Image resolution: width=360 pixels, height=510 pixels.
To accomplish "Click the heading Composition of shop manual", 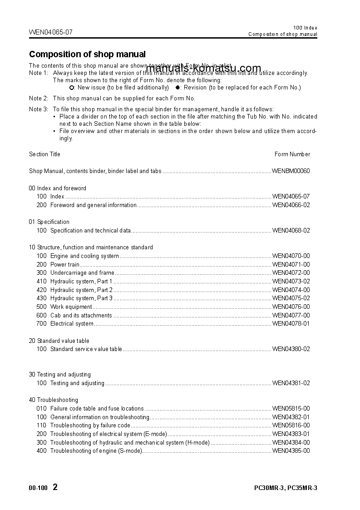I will click(87, 54).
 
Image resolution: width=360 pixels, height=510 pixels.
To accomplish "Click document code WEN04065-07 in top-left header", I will click(50, 32).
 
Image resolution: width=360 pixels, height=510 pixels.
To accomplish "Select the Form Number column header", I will click(292, 154).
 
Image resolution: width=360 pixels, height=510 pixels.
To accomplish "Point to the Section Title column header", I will click(44, 154).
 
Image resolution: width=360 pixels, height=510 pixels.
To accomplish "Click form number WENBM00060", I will click(291, 171).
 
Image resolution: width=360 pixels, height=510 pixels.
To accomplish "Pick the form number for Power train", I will click(291, 264).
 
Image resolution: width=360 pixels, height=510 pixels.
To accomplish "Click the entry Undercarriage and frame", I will click(82, 273).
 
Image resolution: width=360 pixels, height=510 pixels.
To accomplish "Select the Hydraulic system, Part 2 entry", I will click(81, 290).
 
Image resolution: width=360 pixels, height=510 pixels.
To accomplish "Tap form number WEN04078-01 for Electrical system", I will click(291, 324).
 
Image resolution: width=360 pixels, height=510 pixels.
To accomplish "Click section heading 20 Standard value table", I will click(59, 341).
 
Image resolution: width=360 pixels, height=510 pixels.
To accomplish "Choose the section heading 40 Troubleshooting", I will click(53, 400).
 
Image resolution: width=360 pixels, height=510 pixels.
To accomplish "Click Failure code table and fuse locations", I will click(97, 409).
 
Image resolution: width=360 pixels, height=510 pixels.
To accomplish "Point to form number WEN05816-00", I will click(291, 426).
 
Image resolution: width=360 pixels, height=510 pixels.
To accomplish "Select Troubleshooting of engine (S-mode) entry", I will click(96, 451).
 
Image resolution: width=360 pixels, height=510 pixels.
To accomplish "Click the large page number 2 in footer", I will click(55, 487).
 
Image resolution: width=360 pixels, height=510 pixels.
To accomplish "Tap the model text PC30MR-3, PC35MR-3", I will click(286, 488).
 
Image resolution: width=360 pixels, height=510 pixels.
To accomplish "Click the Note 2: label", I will click(39, 99).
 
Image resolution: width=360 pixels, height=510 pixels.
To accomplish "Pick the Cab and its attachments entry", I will click(81, 315).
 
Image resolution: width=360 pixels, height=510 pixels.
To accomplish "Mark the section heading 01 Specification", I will click(49, 222).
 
